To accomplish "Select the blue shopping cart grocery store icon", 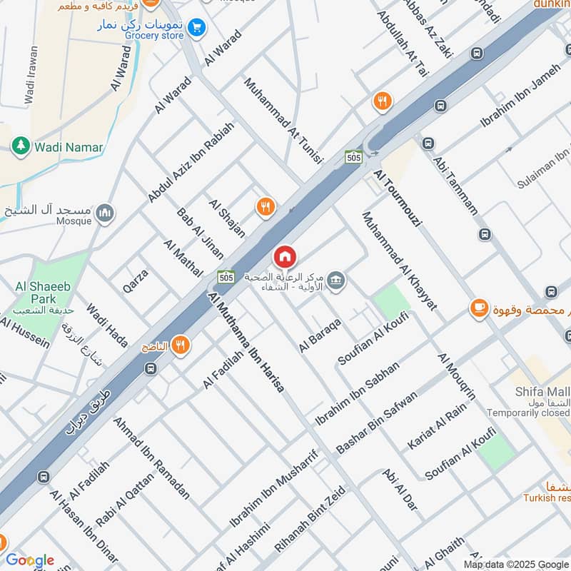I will pos(197,28).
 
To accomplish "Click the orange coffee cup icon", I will pos(477,308).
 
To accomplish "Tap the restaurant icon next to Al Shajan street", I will pos(266,207).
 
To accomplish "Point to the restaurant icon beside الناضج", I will pos(180,345).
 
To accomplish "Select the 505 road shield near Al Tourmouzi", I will pos(353,157).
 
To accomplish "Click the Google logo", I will pos(29,560).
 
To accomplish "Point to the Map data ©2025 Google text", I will pos(516,564).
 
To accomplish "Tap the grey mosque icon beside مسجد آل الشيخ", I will pos(106,213).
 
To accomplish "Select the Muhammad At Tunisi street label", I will pos(283,121).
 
